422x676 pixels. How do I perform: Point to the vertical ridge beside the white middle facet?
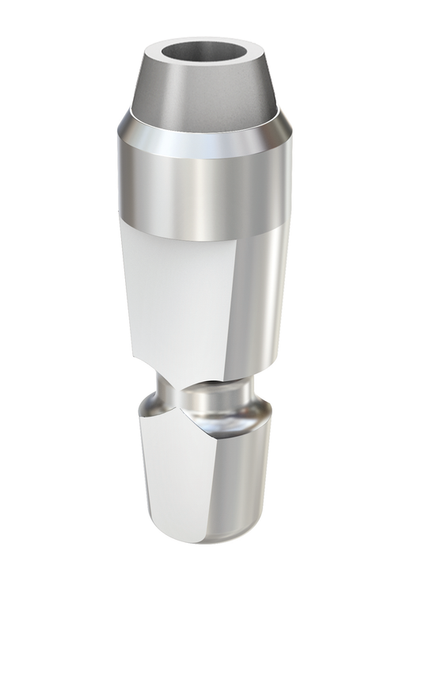[x=237, y=301]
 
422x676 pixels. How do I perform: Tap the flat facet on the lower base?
[x=170, y=491]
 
